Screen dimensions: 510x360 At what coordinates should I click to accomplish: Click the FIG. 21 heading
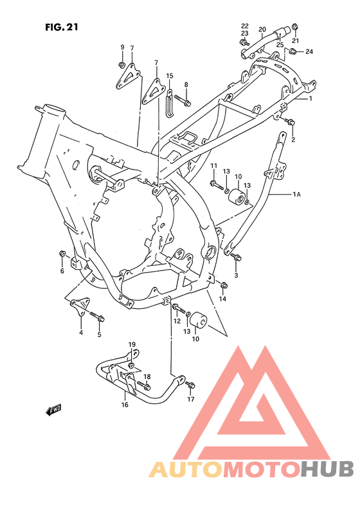[x=62, y=28]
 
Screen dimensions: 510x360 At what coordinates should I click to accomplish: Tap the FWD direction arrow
[x=54, y=409]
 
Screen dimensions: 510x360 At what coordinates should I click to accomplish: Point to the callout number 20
[x=262, y=30]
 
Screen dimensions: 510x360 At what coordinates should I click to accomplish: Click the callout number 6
[x=62, y=271]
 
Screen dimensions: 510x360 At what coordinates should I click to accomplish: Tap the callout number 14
[x=222, y=299]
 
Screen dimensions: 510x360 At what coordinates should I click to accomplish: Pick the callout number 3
[x=236, y=275]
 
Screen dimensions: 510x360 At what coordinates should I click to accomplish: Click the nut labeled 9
[x=122, y=65]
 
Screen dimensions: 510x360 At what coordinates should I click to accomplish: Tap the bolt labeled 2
[x=290, y=121]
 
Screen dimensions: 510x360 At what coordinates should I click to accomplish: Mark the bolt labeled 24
[x=294, y=51]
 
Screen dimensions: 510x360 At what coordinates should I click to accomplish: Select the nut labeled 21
[x=295, y=26]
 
